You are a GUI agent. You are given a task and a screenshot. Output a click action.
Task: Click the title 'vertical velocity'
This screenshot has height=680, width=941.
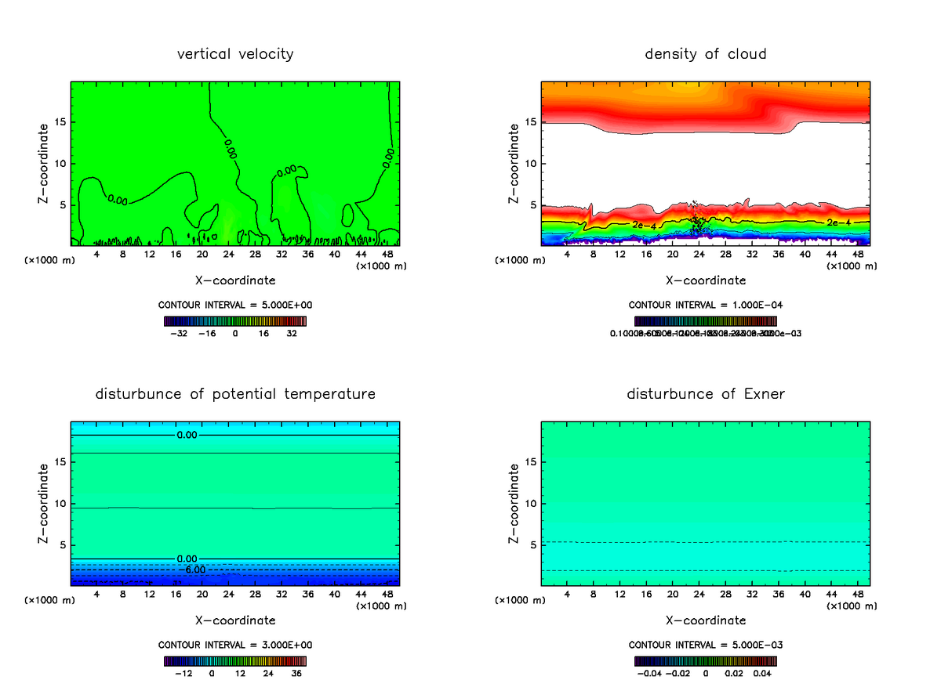235,54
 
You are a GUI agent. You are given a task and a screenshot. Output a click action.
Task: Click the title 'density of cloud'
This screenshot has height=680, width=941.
705,54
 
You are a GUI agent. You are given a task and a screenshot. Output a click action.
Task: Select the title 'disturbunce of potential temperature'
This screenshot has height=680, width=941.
235,393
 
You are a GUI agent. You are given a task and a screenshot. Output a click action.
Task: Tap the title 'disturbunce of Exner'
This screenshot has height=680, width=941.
705,393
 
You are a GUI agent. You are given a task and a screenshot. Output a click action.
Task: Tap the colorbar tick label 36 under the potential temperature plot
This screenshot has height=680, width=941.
296,673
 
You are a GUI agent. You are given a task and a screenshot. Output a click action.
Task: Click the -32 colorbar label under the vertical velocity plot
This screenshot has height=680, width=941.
179,333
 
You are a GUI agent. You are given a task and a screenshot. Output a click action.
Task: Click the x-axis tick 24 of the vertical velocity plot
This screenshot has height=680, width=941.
228,255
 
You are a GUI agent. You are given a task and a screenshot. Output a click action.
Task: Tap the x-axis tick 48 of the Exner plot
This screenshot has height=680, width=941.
858,595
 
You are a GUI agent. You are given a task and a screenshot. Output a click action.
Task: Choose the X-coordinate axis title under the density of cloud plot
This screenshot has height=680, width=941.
705,280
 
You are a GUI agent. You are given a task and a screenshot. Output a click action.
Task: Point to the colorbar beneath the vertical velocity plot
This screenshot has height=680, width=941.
235,320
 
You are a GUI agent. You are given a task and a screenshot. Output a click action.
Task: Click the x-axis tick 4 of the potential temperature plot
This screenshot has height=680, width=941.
96,595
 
